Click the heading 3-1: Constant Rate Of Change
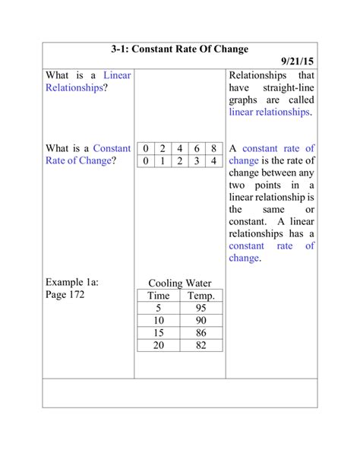(179, 49)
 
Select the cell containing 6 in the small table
(197, 148)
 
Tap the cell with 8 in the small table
(214, 148)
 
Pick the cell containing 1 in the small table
(162, 161)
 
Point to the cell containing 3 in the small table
(197, 161)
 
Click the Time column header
(159, 296)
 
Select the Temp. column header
(201, 296)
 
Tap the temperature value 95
(201, 309)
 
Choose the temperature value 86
(201, 333)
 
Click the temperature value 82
(201, 345)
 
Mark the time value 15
(159, 333)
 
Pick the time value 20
(159, 345)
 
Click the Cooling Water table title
(180, 283)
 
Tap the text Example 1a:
(73, 281)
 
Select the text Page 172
(65, 294)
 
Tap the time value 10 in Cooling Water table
(159, 321)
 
